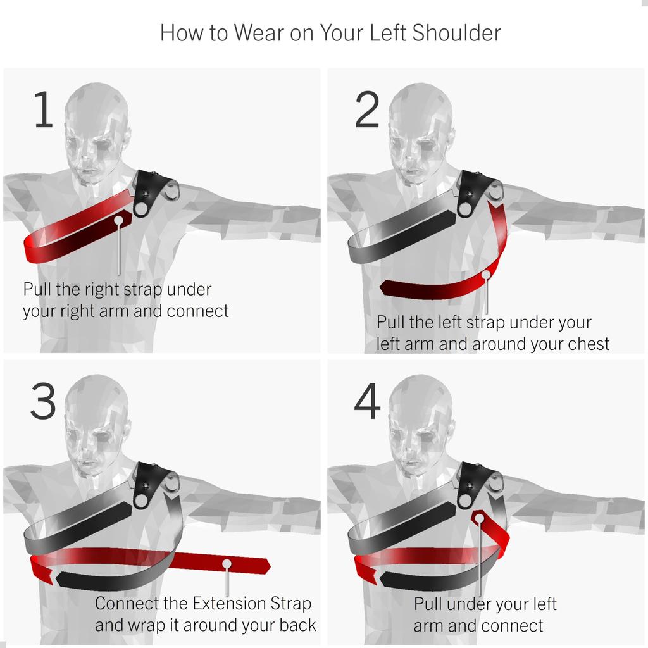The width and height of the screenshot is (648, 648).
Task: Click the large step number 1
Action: (43, 111)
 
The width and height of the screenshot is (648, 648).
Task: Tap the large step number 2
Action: (367, 111)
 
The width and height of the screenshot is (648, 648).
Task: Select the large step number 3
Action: (43, 402)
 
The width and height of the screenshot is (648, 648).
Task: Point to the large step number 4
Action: (368, 402)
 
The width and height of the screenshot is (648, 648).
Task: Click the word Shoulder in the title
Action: (456, 33)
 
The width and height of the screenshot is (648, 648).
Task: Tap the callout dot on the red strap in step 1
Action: (119, 220)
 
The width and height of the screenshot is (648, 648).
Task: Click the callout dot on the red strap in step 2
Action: (486, 275)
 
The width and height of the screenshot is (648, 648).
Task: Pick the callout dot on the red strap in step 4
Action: (479, 518)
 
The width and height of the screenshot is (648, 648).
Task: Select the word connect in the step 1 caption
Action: (198, 311)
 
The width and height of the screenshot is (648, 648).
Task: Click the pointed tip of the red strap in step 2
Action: (382, 287)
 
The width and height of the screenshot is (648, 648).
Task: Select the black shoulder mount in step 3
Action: (150, 484)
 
